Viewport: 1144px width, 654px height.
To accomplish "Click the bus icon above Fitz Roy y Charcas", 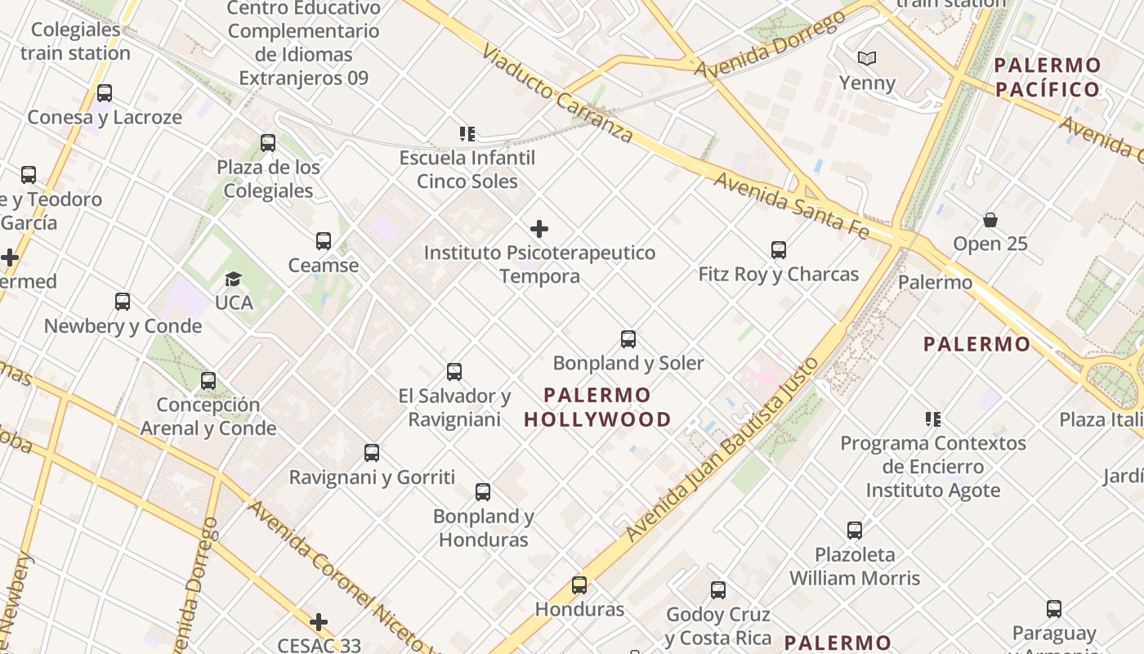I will (x=778, y=250).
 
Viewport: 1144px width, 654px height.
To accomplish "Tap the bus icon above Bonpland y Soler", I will (x=628, y=338).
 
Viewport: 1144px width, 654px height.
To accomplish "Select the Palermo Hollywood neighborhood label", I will (x=597, y=407).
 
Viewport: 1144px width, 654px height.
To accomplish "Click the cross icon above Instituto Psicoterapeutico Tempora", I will (x=539, y=229).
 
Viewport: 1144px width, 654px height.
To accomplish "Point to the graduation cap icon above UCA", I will (x=234, y=279).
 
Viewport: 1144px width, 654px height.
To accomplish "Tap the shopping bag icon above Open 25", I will (x=990, y=220).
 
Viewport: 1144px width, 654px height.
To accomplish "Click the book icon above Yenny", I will (x=866, y=59).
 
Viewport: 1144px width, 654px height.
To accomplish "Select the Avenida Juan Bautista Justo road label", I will (x=722, y=450).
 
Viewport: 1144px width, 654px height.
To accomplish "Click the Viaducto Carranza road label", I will (x=557, y=92).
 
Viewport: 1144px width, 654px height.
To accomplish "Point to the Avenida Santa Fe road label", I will (x=791, y=204).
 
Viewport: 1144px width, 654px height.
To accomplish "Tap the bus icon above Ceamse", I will (x=324, y=241).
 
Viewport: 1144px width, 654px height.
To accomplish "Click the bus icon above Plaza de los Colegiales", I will (x=268, y=143).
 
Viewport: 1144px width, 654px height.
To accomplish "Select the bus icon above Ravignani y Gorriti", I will (x=372, y=453).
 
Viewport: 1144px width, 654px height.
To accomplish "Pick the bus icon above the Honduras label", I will (x=579, y=585).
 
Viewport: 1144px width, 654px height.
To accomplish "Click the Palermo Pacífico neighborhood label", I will (x=1048, y=78).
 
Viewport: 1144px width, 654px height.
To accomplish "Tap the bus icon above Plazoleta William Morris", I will (x=855, y=531).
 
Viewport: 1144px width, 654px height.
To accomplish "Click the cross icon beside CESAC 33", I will (x=319, y=623).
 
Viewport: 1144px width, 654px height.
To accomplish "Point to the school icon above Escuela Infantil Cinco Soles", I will (x=467, y=133).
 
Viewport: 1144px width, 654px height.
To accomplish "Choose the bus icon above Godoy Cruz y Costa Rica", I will (x=718, y=590).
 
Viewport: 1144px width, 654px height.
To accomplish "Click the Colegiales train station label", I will (x=75, y=42).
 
